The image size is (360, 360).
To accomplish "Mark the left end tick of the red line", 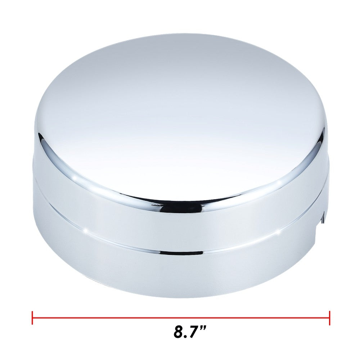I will click(x=32, y=318).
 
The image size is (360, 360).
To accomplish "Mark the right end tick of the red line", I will click(x=329, y=318).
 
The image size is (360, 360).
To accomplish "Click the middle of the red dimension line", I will click(x=181, y=318).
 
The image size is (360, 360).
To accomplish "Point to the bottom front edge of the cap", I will click(x=180, y=296).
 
